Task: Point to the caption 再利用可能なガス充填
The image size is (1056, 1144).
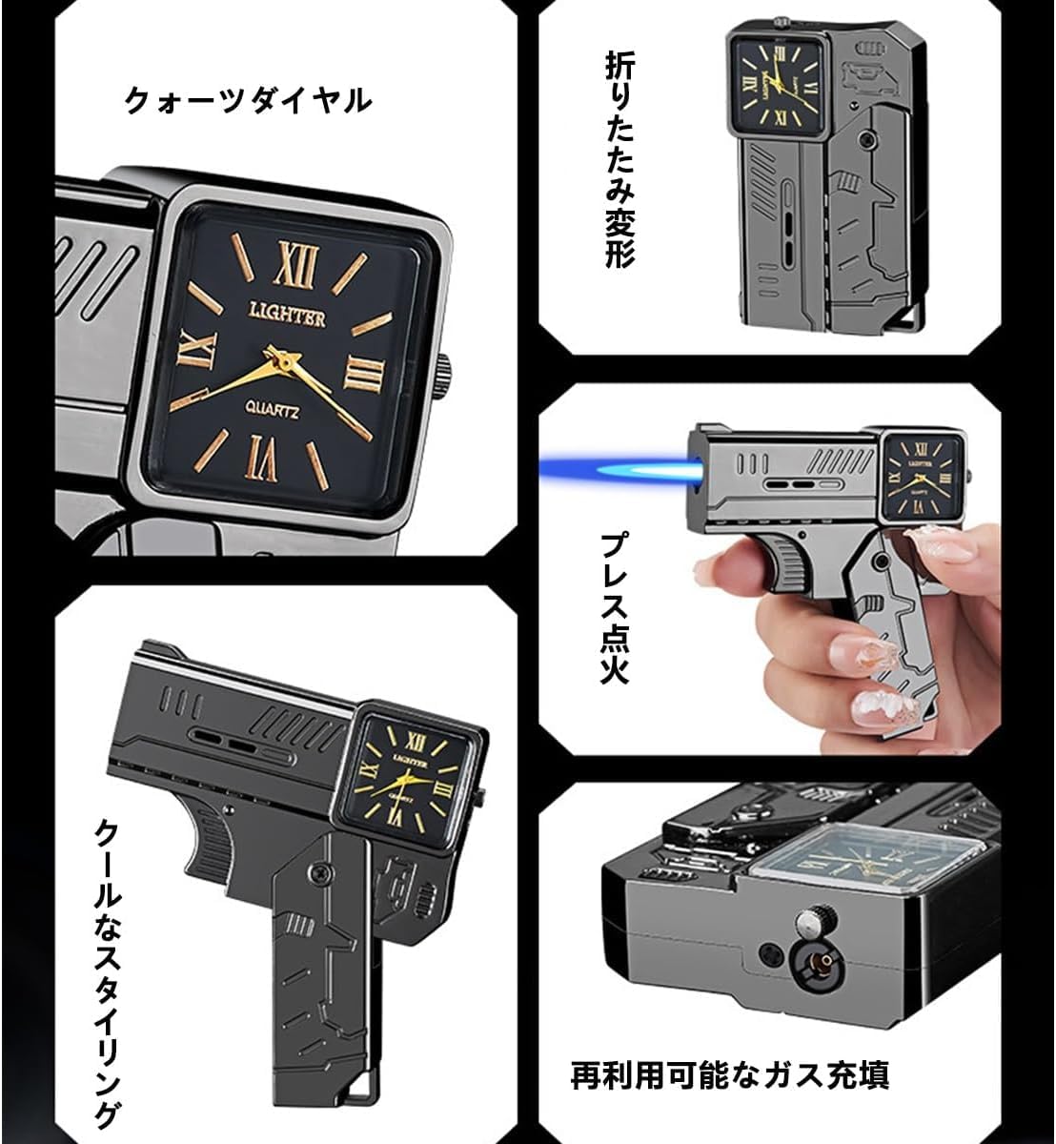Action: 730,1075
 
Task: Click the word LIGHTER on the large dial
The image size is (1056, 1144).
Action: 287,316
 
